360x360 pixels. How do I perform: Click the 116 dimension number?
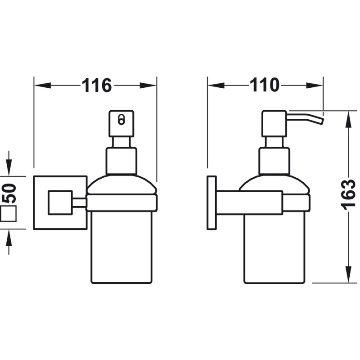click(x=96, y=85)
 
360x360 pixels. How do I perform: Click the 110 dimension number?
click(x=264, y=85)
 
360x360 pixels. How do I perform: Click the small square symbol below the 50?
click(x=9, y=213)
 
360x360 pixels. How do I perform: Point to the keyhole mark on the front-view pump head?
click(x=121, y=120)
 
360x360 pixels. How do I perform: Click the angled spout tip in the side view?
click(x=320, y=121)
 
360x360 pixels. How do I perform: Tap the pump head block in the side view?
click(x=274, y=123)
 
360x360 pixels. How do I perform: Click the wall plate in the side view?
click(x=211, y=203)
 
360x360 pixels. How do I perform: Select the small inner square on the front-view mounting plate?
click(x=60, y=203)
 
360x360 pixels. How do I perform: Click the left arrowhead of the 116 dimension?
click(x=42, y=85)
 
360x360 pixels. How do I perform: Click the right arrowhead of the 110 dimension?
click(x=315, y=85)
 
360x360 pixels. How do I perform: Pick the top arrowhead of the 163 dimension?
click(x=348, y=119)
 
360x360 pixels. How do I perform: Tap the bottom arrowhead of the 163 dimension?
click(x=348, y=274)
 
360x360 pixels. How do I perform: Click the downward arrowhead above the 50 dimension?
click(x=9, y=167)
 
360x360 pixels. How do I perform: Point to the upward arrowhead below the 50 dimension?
click(x=9, y=238)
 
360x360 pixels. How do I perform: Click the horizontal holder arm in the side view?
click(x=250, y=203)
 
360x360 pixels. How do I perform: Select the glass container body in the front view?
click(x=121, y=247)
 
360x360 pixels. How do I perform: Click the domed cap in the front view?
click(x=121, y=184)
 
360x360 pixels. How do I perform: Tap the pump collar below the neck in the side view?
click(x=274, y=161)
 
